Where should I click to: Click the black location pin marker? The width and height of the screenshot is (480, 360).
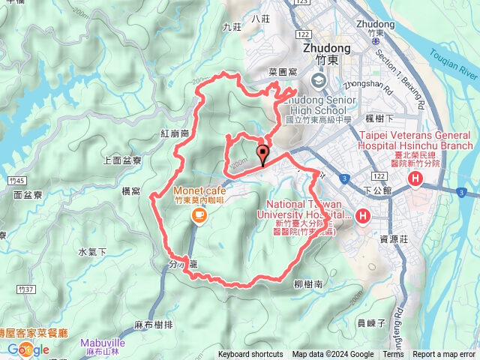[x=262, y=155]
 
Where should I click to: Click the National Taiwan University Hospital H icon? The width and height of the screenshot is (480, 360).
[x=363, y=217]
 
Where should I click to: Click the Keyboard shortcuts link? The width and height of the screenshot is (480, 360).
[x=250, y=355]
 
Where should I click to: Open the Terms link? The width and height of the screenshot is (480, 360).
[x=392, y=355]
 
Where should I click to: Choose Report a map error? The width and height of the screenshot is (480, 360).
[x=444, y=355]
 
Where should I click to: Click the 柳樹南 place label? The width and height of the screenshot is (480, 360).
[x=308, y=284]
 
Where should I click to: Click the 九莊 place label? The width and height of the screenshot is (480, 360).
[x=232, y=26]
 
